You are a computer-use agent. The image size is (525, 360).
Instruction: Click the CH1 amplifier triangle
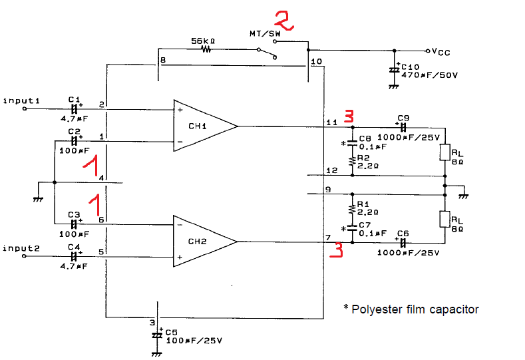coord(200,125)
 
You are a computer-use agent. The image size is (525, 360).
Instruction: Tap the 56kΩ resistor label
coord(202,41)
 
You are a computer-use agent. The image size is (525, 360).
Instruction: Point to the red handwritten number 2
coord(284,20)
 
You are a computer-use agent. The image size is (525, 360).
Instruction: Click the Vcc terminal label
coord(443,51)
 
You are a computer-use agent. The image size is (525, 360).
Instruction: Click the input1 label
coord(21,100)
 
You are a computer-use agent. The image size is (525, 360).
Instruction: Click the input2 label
coord(21,248)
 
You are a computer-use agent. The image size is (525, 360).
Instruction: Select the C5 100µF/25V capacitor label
coord(193,336)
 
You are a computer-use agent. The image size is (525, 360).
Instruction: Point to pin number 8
coord(163,61)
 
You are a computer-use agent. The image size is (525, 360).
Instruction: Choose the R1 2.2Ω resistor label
coord(367,208)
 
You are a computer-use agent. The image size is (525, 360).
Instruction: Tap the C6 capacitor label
coord(403,234)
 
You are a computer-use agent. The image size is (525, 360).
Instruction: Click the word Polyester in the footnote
coord(376,309)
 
